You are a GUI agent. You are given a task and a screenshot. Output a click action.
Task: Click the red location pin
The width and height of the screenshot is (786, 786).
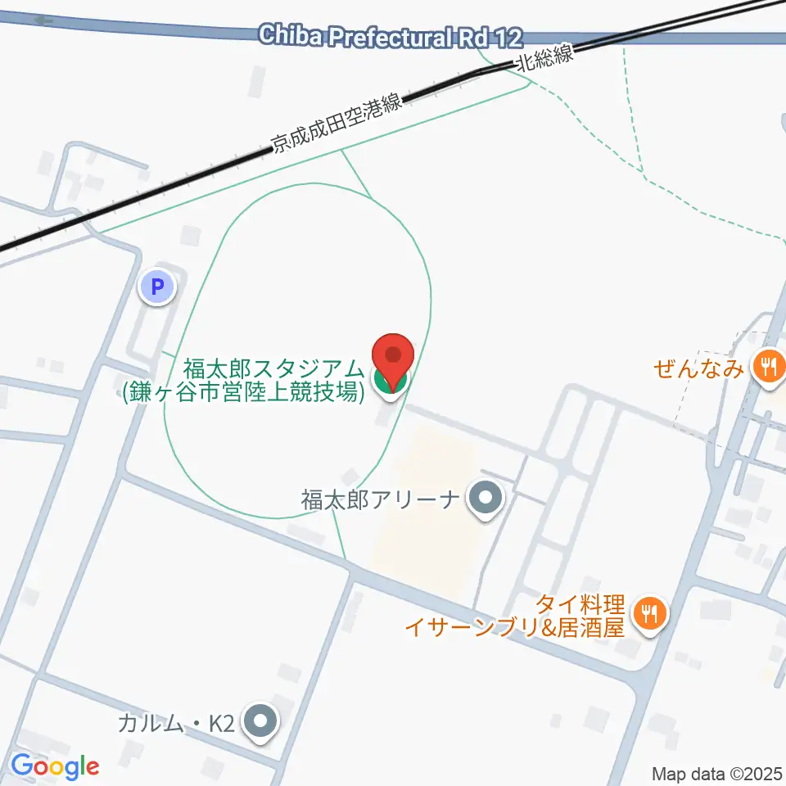[393, 356]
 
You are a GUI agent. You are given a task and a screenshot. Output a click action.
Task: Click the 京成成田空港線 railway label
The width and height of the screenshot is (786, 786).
[337, 124]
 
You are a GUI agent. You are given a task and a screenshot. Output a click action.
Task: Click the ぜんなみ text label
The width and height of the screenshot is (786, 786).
[698, 368]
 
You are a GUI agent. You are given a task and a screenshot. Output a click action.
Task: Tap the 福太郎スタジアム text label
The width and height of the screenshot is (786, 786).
[273, 368]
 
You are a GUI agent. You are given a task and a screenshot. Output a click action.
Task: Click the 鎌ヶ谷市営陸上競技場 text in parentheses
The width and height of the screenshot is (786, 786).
[243, 391]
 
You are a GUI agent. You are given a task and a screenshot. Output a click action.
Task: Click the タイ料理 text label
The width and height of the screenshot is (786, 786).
[579, 606]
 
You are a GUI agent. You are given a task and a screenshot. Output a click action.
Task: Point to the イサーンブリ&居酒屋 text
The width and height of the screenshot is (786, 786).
[515, 628]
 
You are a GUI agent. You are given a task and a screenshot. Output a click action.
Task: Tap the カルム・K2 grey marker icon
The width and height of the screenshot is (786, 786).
[261, 723]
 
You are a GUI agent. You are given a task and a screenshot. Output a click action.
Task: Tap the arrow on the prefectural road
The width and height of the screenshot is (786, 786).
[44, 20]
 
